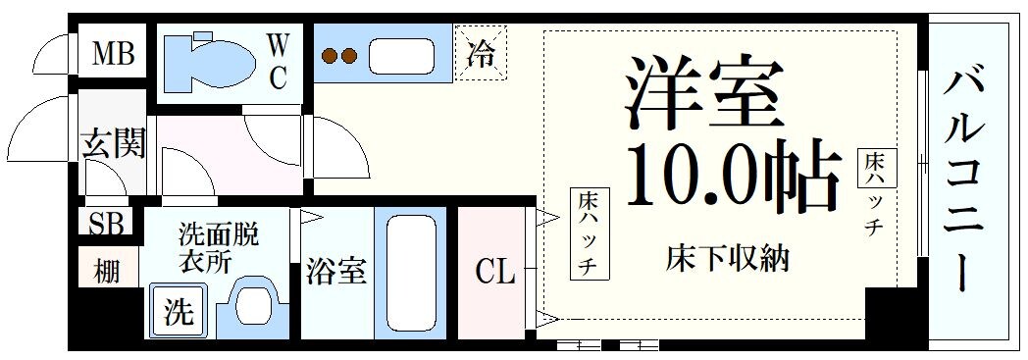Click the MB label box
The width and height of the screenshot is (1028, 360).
[x=113, y=53]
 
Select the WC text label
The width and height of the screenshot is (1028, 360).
[x=278, y=60]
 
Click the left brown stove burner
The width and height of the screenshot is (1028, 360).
[x=330, y=57]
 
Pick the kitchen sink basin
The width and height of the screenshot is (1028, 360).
[x=401, y=56]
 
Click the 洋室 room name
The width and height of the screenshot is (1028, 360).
[x=704, y=93]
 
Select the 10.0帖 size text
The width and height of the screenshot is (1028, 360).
[x=731, y=177]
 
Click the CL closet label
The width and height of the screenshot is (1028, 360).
[x=495, y=272]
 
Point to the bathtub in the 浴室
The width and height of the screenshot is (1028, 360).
[x=411, y=271]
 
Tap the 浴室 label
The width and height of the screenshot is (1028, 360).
[x=335, y=272]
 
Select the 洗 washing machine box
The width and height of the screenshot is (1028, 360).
[x=178, y=312]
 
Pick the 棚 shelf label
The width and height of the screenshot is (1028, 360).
[x=106, y=269]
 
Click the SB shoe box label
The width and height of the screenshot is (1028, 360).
[x=106, y=225]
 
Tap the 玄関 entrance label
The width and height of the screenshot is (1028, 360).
[x=113, y=144]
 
